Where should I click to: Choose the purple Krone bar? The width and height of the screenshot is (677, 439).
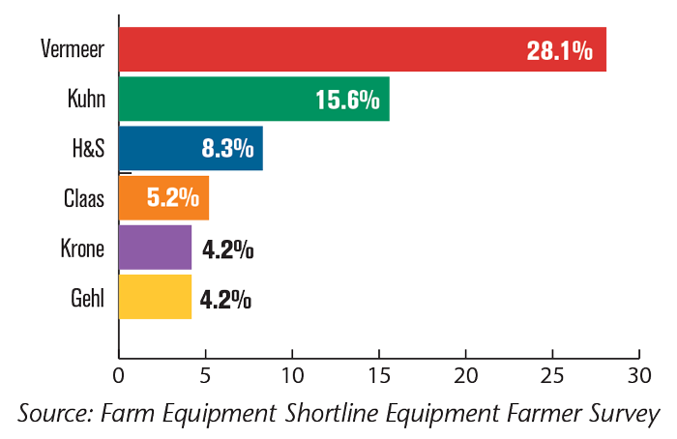[x=155, y=249]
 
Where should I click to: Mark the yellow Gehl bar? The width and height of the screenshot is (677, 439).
[x=155, y=298]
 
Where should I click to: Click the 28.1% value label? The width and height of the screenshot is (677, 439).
[x=559, y=50]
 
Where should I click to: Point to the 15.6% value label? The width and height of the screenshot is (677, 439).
[x=347, y=100]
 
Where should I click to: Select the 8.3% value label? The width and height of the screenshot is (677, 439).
[x=227, y=150]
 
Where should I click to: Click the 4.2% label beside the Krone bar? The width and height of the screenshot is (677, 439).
[x=227, y=250]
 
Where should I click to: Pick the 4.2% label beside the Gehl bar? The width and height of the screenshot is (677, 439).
[x=227, y=300]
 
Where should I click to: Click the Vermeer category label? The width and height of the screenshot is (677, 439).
[x=74, y=48]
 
